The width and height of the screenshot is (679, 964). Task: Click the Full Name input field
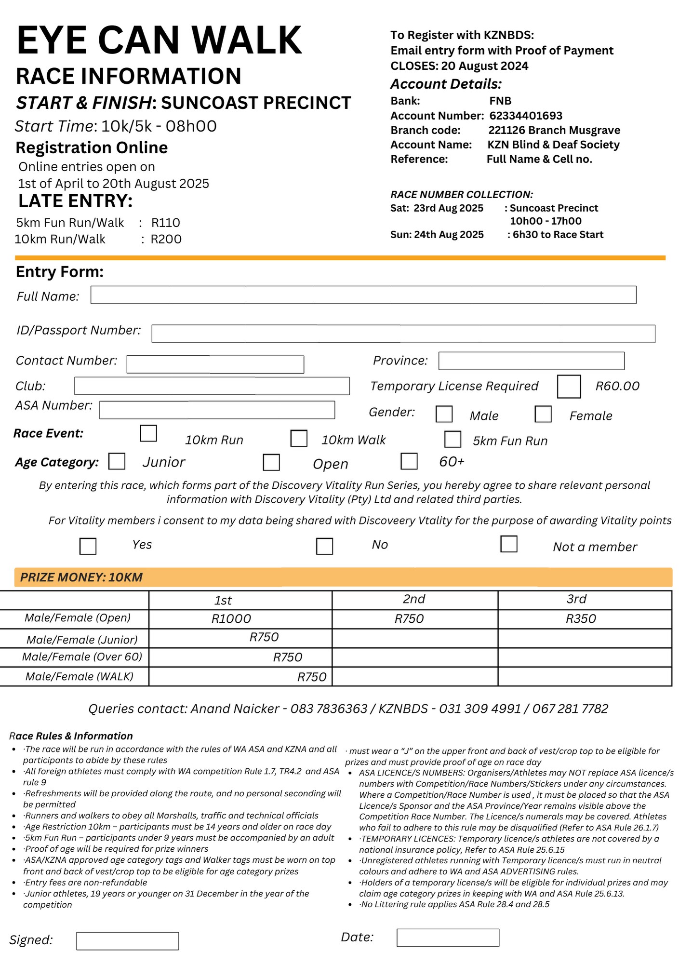[x=363, y=295]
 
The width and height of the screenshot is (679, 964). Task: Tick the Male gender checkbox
[x=443, y=414]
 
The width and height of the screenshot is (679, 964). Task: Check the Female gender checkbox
[x=543, y=414]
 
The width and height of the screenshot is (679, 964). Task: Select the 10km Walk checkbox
[x=298, y=439]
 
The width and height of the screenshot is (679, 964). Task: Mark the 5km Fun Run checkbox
[x=452, y=439]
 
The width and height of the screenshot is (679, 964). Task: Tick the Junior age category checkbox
[x=117, y=461]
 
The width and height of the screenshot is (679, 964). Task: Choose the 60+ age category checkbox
[x=409, y=461]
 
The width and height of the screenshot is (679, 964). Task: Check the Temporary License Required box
[x=568, y=387]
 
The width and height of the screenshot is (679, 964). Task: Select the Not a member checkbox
[x=508, y=544]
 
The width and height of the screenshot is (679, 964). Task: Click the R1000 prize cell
[x=231, y=619]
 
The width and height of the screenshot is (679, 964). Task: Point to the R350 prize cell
[x=581, y=619]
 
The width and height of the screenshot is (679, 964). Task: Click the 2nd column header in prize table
[x=414, y=599]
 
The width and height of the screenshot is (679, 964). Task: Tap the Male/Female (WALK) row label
[x=80, y=677]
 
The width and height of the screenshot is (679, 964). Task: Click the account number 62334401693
[x=526, y=116]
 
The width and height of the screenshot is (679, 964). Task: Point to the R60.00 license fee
[x=617, y=386]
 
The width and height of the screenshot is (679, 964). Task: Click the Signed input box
[x=127, y=941]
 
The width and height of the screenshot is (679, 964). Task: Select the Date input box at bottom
[x=448, y=937]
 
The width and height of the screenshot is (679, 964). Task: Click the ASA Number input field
[x=217, y=410]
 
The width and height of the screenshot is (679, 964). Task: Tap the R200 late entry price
[x=166, y=240]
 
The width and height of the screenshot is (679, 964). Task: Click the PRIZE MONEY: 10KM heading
[x=81, y=577]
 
